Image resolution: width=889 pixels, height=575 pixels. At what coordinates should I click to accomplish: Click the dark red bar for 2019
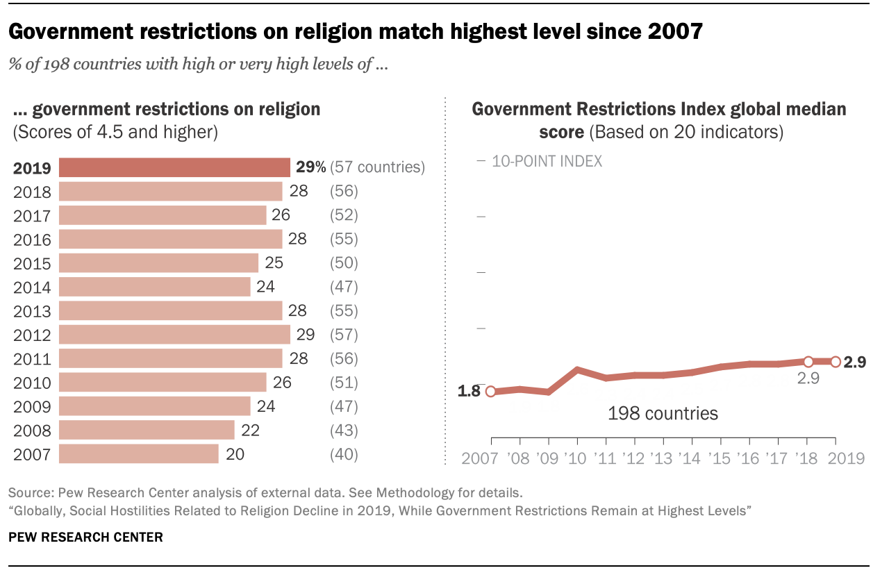coord(174,167)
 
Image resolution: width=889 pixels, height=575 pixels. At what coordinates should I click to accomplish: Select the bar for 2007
coord(139,454)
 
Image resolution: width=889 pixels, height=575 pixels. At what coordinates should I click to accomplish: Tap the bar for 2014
coord(154,287)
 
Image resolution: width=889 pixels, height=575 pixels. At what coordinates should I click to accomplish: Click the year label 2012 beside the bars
coord(32,335)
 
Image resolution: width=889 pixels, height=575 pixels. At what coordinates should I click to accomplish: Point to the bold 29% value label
coord(310,167)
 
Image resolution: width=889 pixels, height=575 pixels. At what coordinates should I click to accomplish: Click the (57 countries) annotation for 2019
coord(377,167)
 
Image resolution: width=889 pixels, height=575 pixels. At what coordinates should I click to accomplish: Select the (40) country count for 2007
coord(344,454)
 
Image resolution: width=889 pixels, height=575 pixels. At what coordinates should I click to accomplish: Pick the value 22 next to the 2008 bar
coord(250,431)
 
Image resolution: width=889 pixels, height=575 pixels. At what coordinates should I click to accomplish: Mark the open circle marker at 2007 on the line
coord(491,392)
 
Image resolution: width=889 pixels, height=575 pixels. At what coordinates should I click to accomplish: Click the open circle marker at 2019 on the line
coord(836,361)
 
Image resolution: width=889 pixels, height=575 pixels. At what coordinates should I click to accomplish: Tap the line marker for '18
coord(808,361)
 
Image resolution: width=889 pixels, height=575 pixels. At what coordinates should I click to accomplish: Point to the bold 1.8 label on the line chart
coord(469,391)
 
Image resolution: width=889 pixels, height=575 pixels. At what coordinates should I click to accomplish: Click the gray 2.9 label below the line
coord(808,378)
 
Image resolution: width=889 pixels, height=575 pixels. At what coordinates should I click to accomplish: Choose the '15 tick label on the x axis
coord(721,459)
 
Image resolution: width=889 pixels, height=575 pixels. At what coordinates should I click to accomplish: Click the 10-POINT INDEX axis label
coord(547,161)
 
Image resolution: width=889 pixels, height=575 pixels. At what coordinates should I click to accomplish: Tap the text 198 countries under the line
coord(663,414)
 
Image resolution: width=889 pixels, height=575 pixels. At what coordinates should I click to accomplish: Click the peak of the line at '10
coord(577,369)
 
